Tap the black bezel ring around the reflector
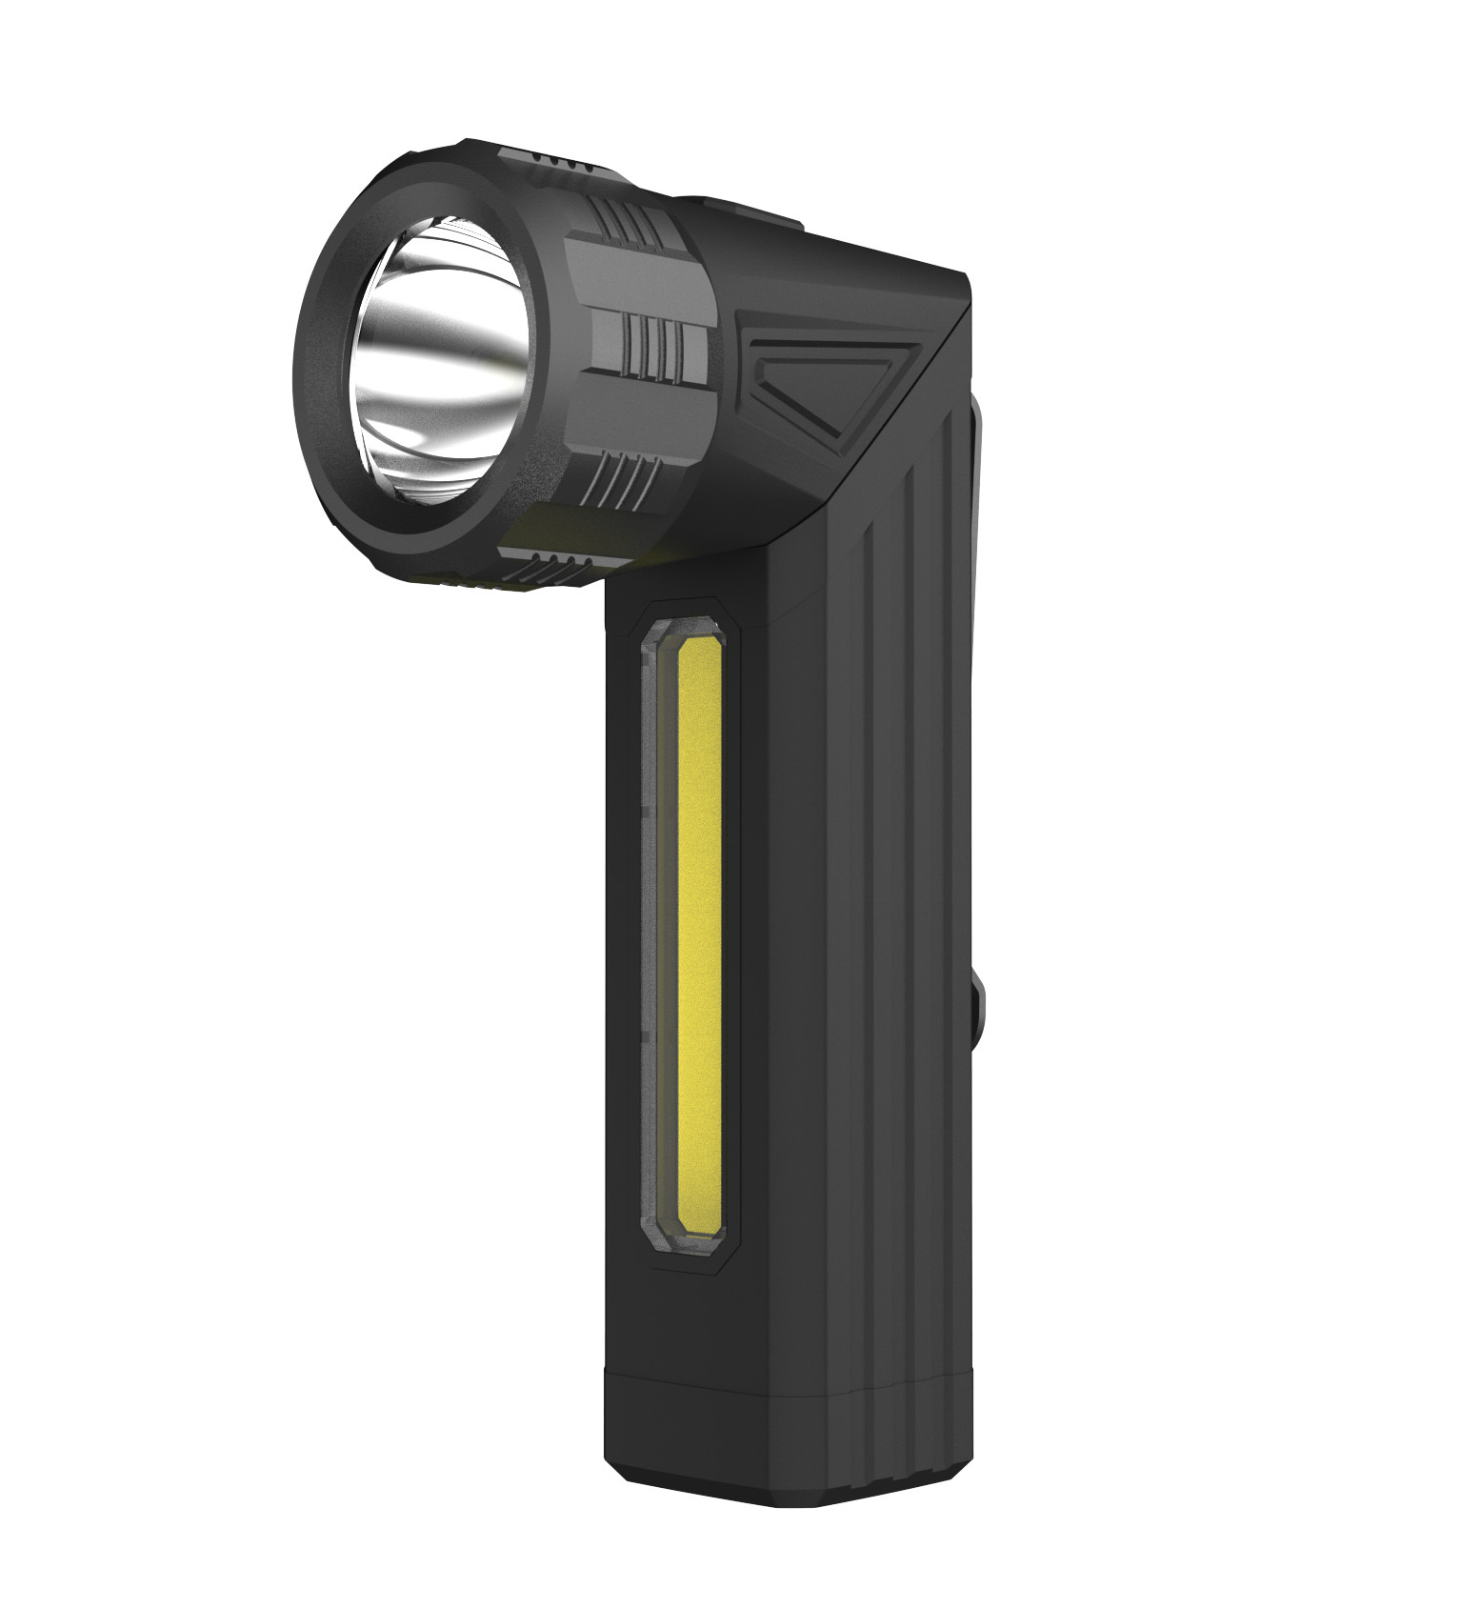point(329,314)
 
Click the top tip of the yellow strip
point(702,643)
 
